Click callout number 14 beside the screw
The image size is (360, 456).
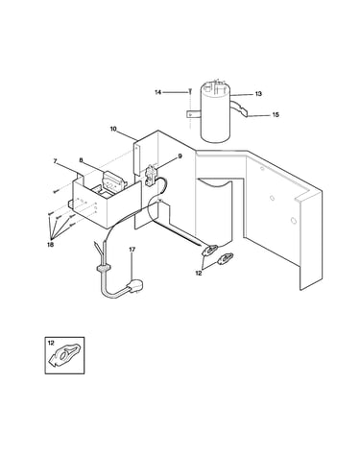click(157, 92)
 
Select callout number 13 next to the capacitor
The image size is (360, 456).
click(258, 94)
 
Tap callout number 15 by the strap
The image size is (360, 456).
click(276, 114)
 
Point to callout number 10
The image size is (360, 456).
click(113, 129)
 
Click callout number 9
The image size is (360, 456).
click(180, 156)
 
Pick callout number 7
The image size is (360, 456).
click(55, 161)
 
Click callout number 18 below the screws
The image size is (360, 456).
click(51, 245)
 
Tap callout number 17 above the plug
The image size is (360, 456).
click(132, 249)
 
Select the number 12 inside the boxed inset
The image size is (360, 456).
click(51, 343)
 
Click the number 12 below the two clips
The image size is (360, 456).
click(199, 273)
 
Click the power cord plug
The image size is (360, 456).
click(134, 286)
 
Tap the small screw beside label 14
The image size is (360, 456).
click(190, 91)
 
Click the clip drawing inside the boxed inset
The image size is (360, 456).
click(64, 355)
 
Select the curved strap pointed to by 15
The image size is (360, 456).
click(240, 108)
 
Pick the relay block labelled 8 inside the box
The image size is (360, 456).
click(112, 181)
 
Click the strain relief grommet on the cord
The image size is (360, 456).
click(103, 268)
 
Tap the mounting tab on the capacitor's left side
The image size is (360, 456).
click(193, 114)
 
